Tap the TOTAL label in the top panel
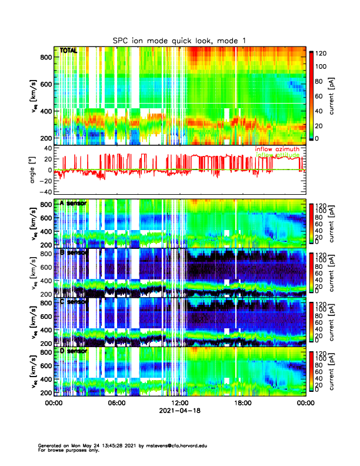coord(69,51)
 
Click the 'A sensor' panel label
coord(74,204)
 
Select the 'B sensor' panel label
coord(74,252)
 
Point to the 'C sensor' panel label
coord(74,302)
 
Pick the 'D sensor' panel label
coord(74,351)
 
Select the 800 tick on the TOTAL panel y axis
coord(46,57)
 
